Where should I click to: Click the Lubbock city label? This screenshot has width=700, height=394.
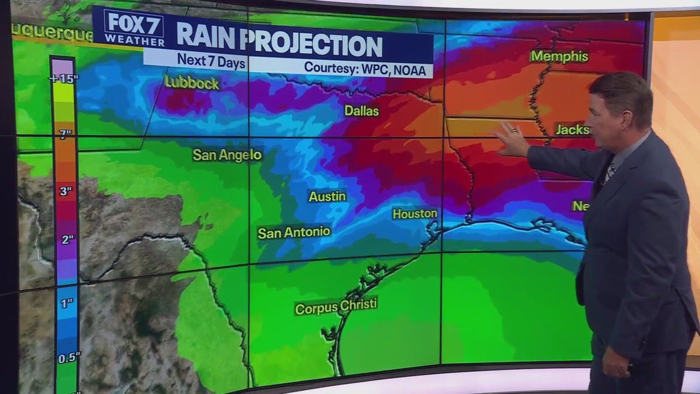(x=192, y=83)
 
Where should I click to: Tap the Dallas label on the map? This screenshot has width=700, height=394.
(x=361, y=111)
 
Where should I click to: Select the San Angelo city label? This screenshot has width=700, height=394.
(x=227, y=155)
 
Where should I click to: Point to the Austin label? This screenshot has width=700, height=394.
(x=327, y=196)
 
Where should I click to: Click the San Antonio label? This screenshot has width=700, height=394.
(x=294, y=233)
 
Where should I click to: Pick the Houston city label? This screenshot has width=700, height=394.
(x=415, y=214)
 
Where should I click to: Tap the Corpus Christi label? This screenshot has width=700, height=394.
(x=336, y=306)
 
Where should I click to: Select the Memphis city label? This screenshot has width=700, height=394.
(x=559, y=56)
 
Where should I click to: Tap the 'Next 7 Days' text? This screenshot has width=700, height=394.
(x=211, y=61)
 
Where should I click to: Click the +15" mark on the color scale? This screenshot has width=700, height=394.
(x=64, y=79)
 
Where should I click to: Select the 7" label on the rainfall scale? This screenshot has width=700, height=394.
(x=65, y=134)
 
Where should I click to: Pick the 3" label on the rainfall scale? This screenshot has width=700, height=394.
(x=65, y=192)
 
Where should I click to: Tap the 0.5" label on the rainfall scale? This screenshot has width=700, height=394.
(x=69, y=358)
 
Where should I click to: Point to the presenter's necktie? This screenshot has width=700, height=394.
(x=608, y=171)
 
